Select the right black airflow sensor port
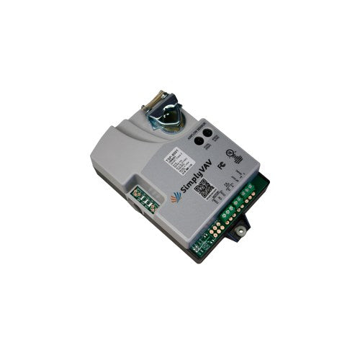(208, 132)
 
